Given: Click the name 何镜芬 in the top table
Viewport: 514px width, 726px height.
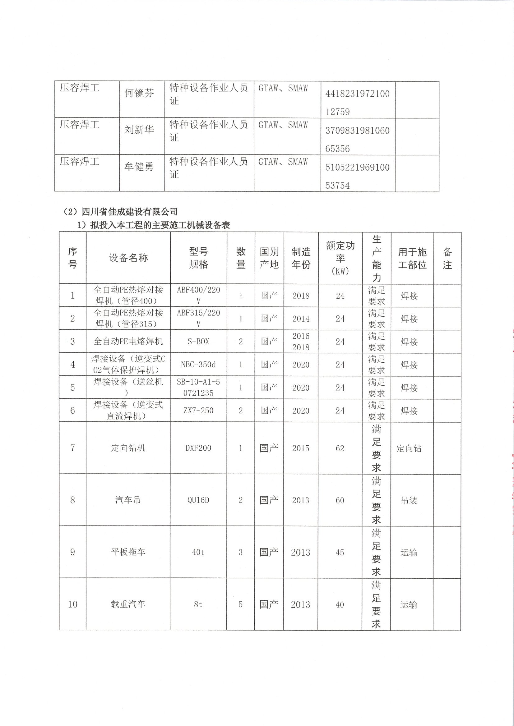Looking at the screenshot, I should (139, 93).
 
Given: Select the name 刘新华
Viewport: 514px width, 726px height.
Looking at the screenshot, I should (139, 130).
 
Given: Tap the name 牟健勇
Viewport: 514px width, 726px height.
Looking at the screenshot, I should (139, 166).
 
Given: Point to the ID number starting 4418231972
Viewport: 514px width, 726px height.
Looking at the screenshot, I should (357, 103).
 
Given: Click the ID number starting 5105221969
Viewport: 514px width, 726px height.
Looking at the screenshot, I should (357, 176).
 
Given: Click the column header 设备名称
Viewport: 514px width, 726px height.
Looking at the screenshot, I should (128, 258).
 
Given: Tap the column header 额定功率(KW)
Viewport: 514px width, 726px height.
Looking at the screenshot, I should (340, 258).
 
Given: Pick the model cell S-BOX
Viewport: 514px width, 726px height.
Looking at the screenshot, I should (198, 341).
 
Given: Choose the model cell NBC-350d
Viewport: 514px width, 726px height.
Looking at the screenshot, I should (198, 365).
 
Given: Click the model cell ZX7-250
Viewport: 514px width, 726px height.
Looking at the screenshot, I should (198, 410).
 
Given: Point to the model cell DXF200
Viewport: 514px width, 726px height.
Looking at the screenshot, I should (198, 448).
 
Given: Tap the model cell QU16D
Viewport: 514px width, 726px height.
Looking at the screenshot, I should (198, 500).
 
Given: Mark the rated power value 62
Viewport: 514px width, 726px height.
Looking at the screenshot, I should (340, 448).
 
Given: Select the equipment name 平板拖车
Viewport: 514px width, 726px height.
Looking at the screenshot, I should (128, 552).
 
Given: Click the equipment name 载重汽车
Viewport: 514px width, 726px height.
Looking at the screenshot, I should (128, 604).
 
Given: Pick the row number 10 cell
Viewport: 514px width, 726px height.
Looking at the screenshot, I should (72, 604).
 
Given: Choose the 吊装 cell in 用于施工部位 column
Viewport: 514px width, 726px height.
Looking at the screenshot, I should (409, 500).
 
